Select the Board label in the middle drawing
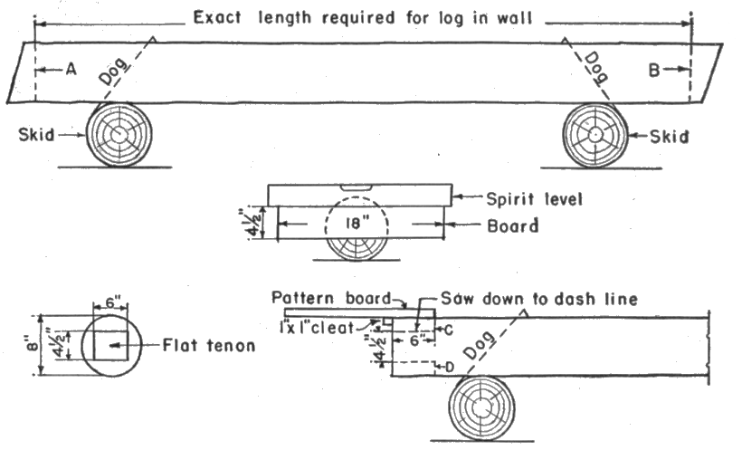[513, 226]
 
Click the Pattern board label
[328, 298]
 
